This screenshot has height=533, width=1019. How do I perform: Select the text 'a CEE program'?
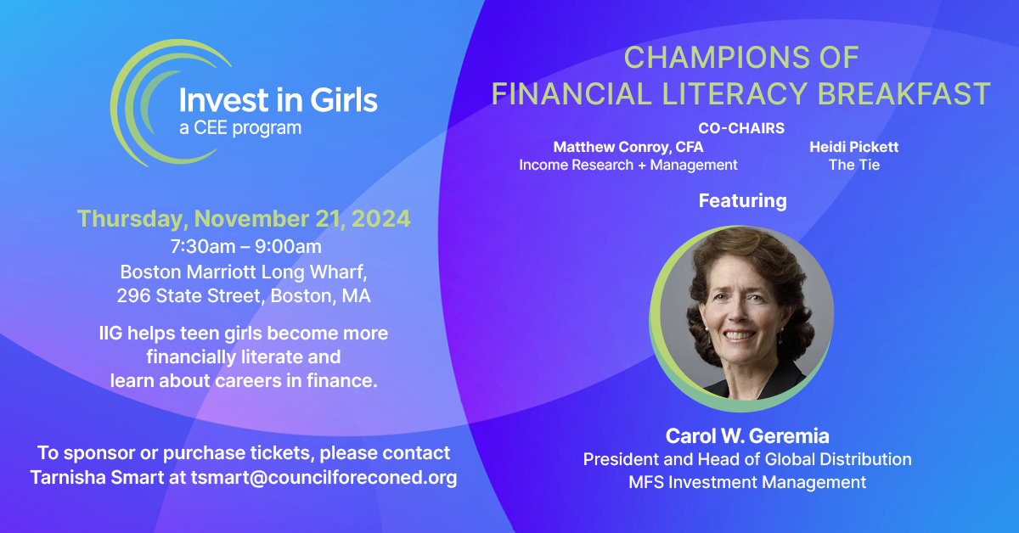(x=239, y=129)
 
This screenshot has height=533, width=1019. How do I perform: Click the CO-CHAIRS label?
(x=741, y=128)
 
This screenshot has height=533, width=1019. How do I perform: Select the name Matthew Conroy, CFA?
(x=628, y=147)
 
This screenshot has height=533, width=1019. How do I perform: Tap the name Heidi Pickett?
(x=853, y=147)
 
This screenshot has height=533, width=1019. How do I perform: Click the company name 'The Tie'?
(x=853, y=165)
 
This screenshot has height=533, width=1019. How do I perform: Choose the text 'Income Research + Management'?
(x=628, y=165)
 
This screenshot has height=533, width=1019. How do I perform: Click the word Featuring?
(x=742, y=201)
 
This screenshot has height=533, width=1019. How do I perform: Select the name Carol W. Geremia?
(x=741, y=437)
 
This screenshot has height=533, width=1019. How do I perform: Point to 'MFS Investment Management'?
(x=747, y=482)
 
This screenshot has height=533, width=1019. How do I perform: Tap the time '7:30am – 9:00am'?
(x=245, y=247)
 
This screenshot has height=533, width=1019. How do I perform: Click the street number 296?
(x=132, y=297)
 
